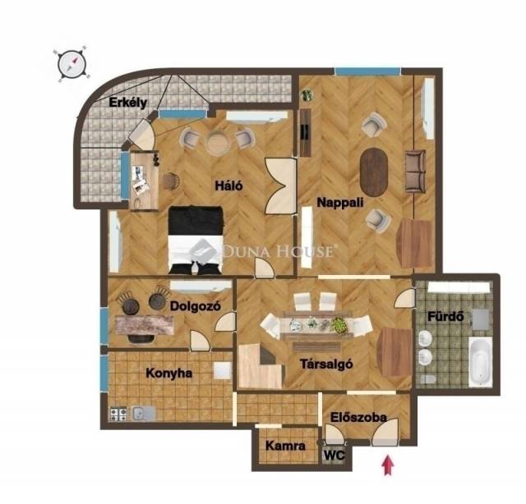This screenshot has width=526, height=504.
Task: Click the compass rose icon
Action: point(72,64)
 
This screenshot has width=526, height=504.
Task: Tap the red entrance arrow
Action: point(387,465)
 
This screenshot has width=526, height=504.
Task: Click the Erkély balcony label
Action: point(128,103)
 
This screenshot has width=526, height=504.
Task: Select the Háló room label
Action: point(228,186)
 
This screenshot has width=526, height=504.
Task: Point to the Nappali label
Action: point(340,203)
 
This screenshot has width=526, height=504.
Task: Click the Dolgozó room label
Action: point(196,306)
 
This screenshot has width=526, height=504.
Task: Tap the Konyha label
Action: point(169,373)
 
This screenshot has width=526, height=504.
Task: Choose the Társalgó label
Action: point(326,364)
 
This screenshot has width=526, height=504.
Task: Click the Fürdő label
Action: point(445,316)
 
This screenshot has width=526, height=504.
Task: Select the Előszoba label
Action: point(358,418)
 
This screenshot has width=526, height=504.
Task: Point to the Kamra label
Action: point(285,446)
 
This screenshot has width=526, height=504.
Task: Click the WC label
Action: point(335,455)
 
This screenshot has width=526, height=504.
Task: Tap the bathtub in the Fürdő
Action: point(480,362)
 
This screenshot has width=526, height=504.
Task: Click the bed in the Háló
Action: point(196,241)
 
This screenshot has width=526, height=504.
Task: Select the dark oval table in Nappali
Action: point(374,172)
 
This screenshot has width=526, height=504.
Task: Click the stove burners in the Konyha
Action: point(118,414)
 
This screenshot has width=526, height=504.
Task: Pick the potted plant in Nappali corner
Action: point(307,95)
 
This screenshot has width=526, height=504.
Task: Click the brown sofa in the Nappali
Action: point(415,172)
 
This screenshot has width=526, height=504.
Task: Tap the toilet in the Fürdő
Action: point(427,379)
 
